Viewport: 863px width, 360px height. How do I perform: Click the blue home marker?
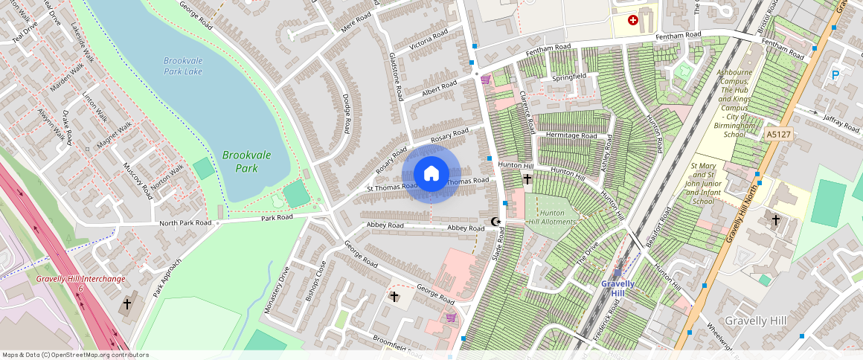tap(431, 174)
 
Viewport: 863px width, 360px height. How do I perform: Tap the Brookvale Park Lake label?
tap(183, 65)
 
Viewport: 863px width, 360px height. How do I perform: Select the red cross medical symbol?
tap(633, 21)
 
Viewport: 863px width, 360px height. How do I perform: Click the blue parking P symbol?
tap(835, 74)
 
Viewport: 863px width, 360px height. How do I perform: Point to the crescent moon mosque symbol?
tap(496, 222)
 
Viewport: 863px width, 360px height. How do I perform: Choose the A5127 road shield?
tap(778, 135)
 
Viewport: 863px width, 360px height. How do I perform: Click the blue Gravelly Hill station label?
tap(618, 288)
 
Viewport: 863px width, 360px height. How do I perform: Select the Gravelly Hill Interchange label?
tap(80, 280)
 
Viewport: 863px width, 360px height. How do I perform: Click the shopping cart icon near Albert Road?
tap(485, 80)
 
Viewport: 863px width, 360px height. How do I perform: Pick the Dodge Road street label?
tap(345, 115)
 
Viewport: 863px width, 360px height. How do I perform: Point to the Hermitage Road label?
tap(571, 136)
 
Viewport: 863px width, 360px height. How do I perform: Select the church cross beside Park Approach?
tap(127, 304)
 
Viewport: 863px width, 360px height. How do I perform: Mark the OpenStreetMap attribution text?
tap(75, 355)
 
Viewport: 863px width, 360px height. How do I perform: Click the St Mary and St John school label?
tap(713, 183)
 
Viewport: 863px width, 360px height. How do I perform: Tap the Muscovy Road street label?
tap(137, 181)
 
